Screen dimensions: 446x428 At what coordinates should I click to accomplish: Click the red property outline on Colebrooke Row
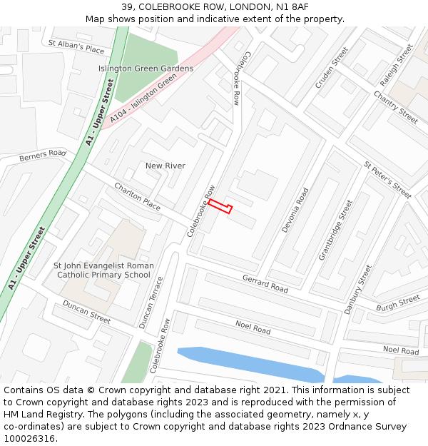pyautogui.click(x=220, y=207)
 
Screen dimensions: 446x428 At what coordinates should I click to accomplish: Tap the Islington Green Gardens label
pyautogui.click(x=146, y=69)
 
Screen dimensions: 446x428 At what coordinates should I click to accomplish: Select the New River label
pyautogui.click(x=165, y=166)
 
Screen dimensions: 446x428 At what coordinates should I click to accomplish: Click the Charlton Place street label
pyautogui.click(x=138, y=196)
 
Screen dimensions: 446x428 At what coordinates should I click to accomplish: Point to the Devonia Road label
pyautogui.click(x=295, y=210)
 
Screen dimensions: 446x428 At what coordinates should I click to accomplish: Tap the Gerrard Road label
pyautogui.click(x=265, y=283)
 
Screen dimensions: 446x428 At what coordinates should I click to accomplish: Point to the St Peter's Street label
pyautogui.click(x=387, y=179)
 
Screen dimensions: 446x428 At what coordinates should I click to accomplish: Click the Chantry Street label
pyautogui.click(x=395, y=107)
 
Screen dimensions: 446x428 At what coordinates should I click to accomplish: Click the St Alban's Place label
pyautogui.click(x=76, y=47)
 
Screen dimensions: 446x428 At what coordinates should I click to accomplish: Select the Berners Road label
pyautogui.click(x=43, y=156)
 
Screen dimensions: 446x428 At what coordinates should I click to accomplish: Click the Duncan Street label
pyautogui.click(x=86, y=312)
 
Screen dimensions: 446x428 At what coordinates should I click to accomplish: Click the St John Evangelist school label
pyautogui.click(x=103, y=270)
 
